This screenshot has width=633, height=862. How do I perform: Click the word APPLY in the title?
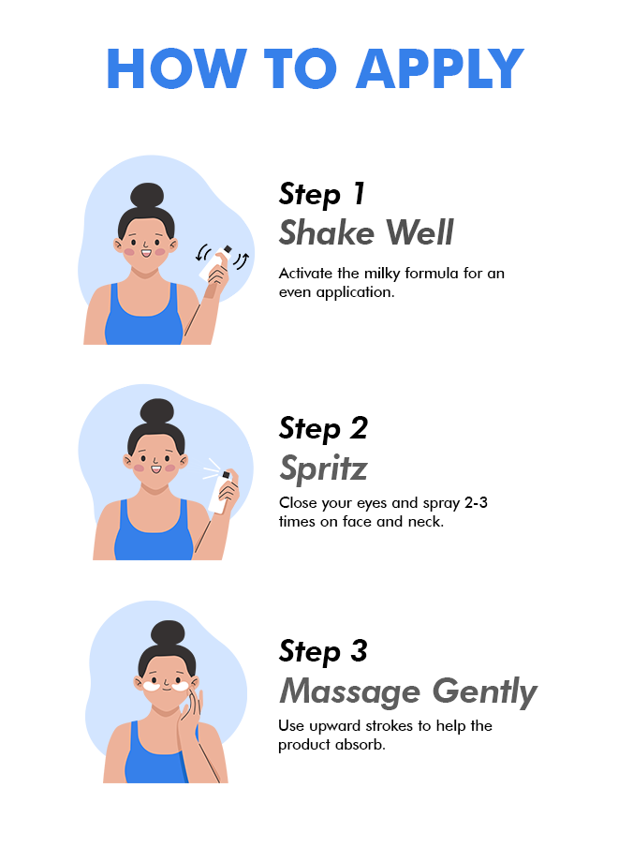coord(440,68)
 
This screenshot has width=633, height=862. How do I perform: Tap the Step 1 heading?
coord(322,195)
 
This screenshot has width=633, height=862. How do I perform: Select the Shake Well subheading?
coord(366,232)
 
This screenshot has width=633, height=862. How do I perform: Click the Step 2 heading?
coord(323,429)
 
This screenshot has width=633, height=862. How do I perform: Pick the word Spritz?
coord(323,468)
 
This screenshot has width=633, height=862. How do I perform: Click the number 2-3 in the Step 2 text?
coord(476,502)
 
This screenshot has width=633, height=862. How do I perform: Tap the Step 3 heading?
coord(323,651)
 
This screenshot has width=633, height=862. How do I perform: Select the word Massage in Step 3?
coord(350,691)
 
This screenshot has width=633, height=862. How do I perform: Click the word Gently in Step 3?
coord(485,691)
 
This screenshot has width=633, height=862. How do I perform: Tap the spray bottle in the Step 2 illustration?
coord(220,492)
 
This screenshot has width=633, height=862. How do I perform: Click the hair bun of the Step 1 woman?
coord(147,196)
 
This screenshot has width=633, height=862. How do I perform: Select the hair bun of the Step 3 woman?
coord(168,634)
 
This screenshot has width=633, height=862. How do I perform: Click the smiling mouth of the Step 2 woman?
coord(156,468)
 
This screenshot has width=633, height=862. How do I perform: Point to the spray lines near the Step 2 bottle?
coord(211,468)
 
